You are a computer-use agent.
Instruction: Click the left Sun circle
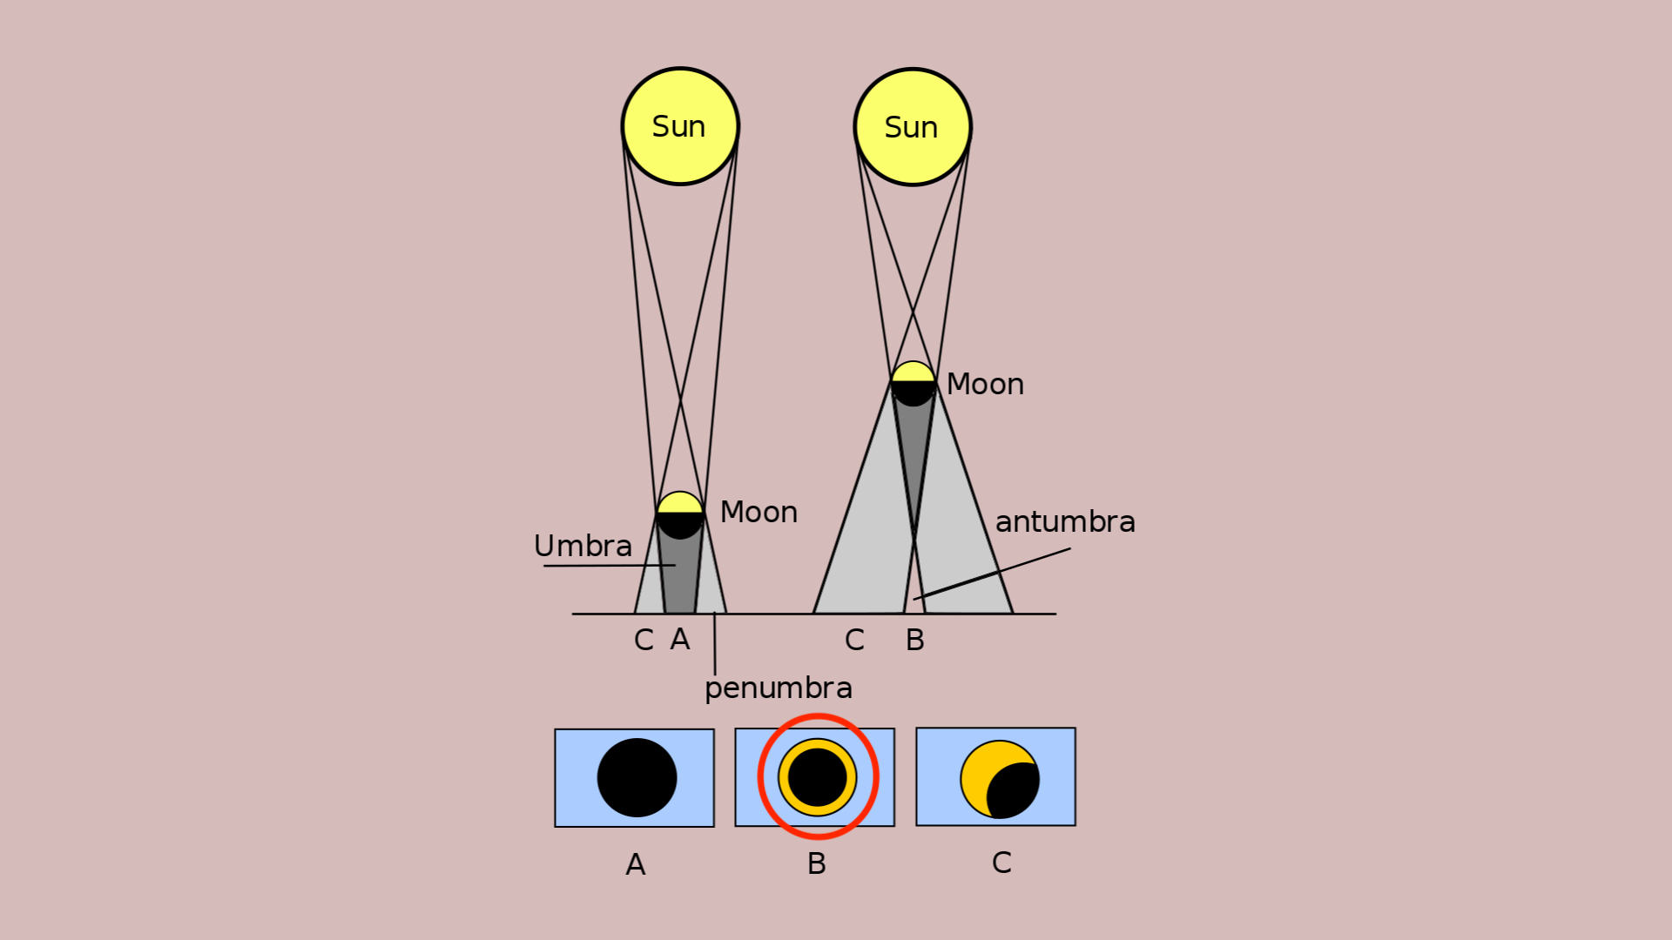[680, 126]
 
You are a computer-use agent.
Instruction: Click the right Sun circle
[913, 127]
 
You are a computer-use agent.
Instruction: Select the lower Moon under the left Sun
[680, 514]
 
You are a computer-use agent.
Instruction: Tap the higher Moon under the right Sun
[914, 384]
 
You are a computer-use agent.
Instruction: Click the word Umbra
[583, 546]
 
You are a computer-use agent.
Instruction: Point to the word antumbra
[1065, 521]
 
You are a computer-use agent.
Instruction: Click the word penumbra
[779, 688]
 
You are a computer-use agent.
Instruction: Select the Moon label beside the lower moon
[758, 512]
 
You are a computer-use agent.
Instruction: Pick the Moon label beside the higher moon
[985, 384]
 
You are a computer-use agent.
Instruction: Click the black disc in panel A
[637, 777]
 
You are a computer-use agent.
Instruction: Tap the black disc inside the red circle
[817, 777]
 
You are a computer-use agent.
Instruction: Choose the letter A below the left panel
[636, 864]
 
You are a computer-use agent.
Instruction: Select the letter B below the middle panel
[816, 863]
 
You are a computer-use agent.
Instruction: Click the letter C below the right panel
[1001, 863]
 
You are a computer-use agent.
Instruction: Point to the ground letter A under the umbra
[680, 640]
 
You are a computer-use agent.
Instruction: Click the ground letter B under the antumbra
[914, 640]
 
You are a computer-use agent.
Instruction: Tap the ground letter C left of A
[644, 640]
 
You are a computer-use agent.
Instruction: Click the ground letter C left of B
[854, 640]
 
